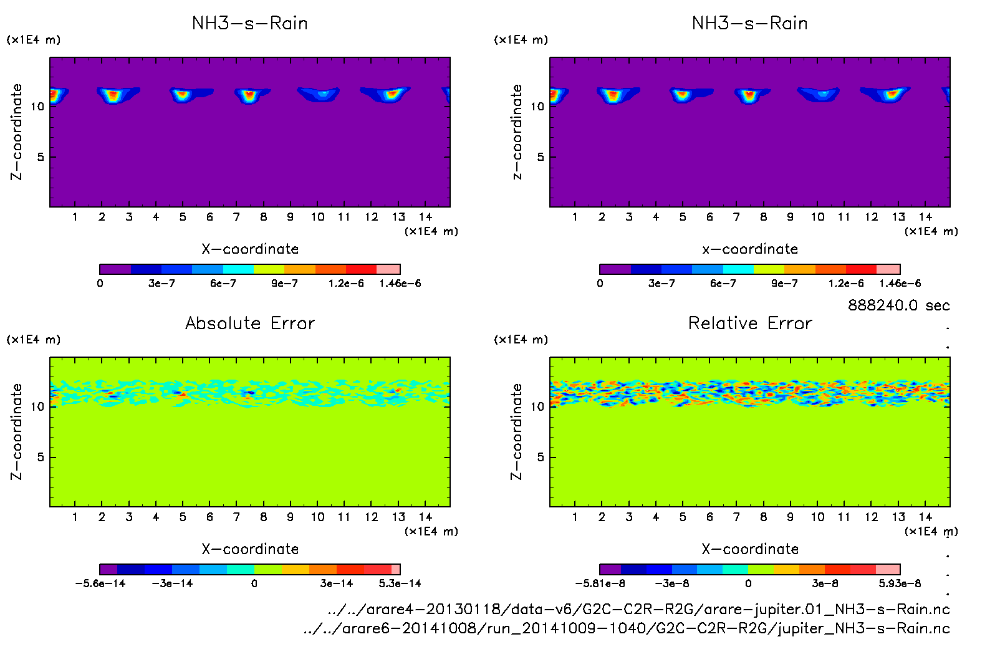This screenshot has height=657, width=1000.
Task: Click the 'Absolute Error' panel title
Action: point(250,323)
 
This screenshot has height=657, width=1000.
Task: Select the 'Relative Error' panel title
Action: point(750,323)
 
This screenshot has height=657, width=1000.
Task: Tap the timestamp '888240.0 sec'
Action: point(898,305)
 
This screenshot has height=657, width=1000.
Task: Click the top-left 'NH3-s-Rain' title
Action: point(250,23)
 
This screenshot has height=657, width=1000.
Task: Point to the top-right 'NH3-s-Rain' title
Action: point(750,23)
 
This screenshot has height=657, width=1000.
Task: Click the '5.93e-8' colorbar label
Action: point(900,583)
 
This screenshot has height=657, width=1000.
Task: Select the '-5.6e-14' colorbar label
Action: point(100,583)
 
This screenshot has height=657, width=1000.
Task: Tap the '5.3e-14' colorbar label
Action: point(400,583)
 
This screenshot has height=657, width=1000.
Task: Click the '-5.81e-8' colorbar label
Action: point(600,583)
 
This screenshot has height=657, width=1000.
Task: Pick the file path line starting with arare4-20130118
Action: point(638,609)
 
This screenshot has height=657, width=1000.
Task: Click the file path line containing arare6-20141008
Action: point(626,628)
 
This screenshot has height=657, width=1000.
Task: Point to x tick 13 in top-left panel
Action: point(398,217)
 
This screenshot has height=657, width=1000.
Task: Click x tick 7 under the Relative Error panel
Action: point(736,517)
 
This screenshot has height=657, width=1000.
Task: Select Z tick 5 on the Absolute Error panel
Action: point(41,458)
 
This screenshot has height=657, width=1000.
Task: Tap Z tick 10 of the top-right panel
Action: point(537,107)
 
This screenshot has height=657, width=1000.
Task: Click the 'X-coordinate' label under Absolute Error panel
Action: point(250,549)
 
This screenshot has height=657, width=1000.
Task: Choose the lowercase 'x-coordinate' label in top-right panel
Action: point(750,249)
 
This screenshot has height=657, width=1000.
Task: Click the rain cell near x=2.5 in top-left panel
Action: point(113,95)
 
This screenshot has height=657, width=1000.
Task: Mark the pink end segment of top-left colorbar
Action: point(388,269)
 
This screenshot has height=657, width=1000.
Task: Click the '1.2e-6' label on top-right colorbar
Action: point(846,284)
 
